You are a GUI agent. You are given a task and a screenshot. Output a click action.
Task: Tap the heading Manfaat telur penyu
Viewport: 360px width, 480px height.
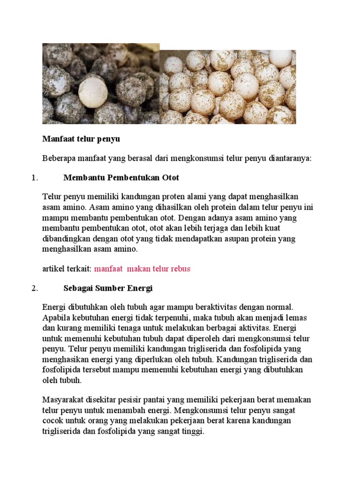(82, 139)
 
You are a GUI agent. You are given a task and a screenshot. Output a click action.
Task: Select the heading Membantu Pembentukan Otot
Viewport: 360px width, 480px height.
(121, 178)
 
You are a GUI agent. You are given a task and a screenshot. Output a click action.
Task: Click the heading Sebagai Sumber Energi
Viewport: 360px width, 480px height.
(108, 288)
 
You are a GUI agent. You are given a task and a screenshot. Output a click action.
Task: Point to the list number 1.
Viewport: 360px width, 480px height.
(34, 178)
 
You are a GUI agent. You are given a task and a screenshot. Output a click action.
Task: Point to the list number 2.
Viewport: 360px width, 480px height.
(34, 288)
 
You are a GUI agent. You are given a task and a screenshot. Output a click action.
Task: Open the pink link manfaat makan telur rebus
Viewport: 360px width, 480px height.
(142, 269)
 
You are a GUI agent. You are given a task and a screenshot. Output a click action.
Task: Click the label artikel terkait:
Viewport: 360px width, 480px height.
(67, 269)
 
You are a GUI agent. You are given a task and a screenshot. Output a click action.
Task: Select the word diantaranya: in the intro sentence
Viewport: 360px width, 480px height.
(289, 158)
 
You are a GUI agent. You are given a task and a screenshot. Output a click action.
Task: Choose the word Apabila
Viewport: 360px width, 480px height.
(56, 317)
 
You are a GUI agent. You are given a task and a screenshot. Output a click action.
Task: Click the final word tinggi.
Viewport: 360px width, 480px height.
(193, 431)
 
